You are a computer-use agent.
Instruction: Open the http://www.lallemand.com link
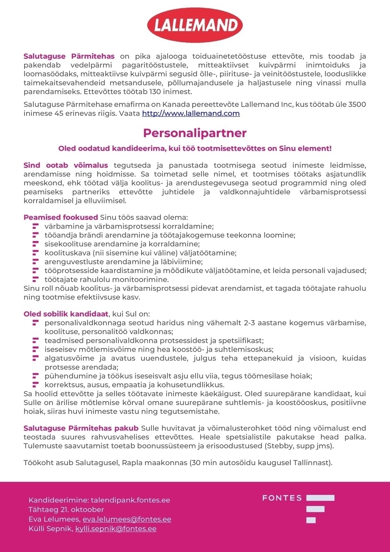tap(191, 114)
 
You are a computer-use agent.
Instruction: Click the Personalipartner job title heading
tap(195, 133)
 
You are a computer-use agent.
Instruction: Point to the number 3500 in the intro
tap(357, 105)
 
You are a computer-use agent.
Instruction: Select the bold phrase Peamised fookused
tap(60, 217)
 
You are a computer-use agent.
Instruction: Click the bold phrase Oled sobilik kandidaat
tap(66, 314)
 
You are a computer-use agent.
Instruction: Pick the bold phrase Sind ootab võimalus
tap(66, 166)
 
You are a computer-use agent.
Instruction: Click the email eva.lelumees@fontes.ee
tap(127, 519)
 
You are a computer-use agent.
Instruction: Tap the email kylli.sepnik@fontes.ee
tap(116, 529)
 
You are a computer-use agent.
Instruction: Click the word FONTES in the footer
tap(282, 498)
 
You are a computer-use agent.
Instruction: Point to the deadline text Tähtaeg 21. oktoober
tap(66, 509)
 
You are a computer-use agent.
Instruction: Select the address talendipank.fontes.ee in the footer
tap(130, 500)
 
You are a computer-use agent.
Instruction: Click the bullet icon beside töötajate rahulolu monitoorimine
tap(36, 279)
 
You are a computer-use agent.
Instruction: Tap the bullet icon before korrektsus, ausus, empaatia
tap(36, 385)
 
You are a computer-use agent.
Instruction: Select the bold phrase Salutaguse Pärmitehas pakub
tap(81, 428)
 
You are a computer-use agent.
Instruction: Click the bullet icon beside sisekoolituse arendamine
tap(36, 244)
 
